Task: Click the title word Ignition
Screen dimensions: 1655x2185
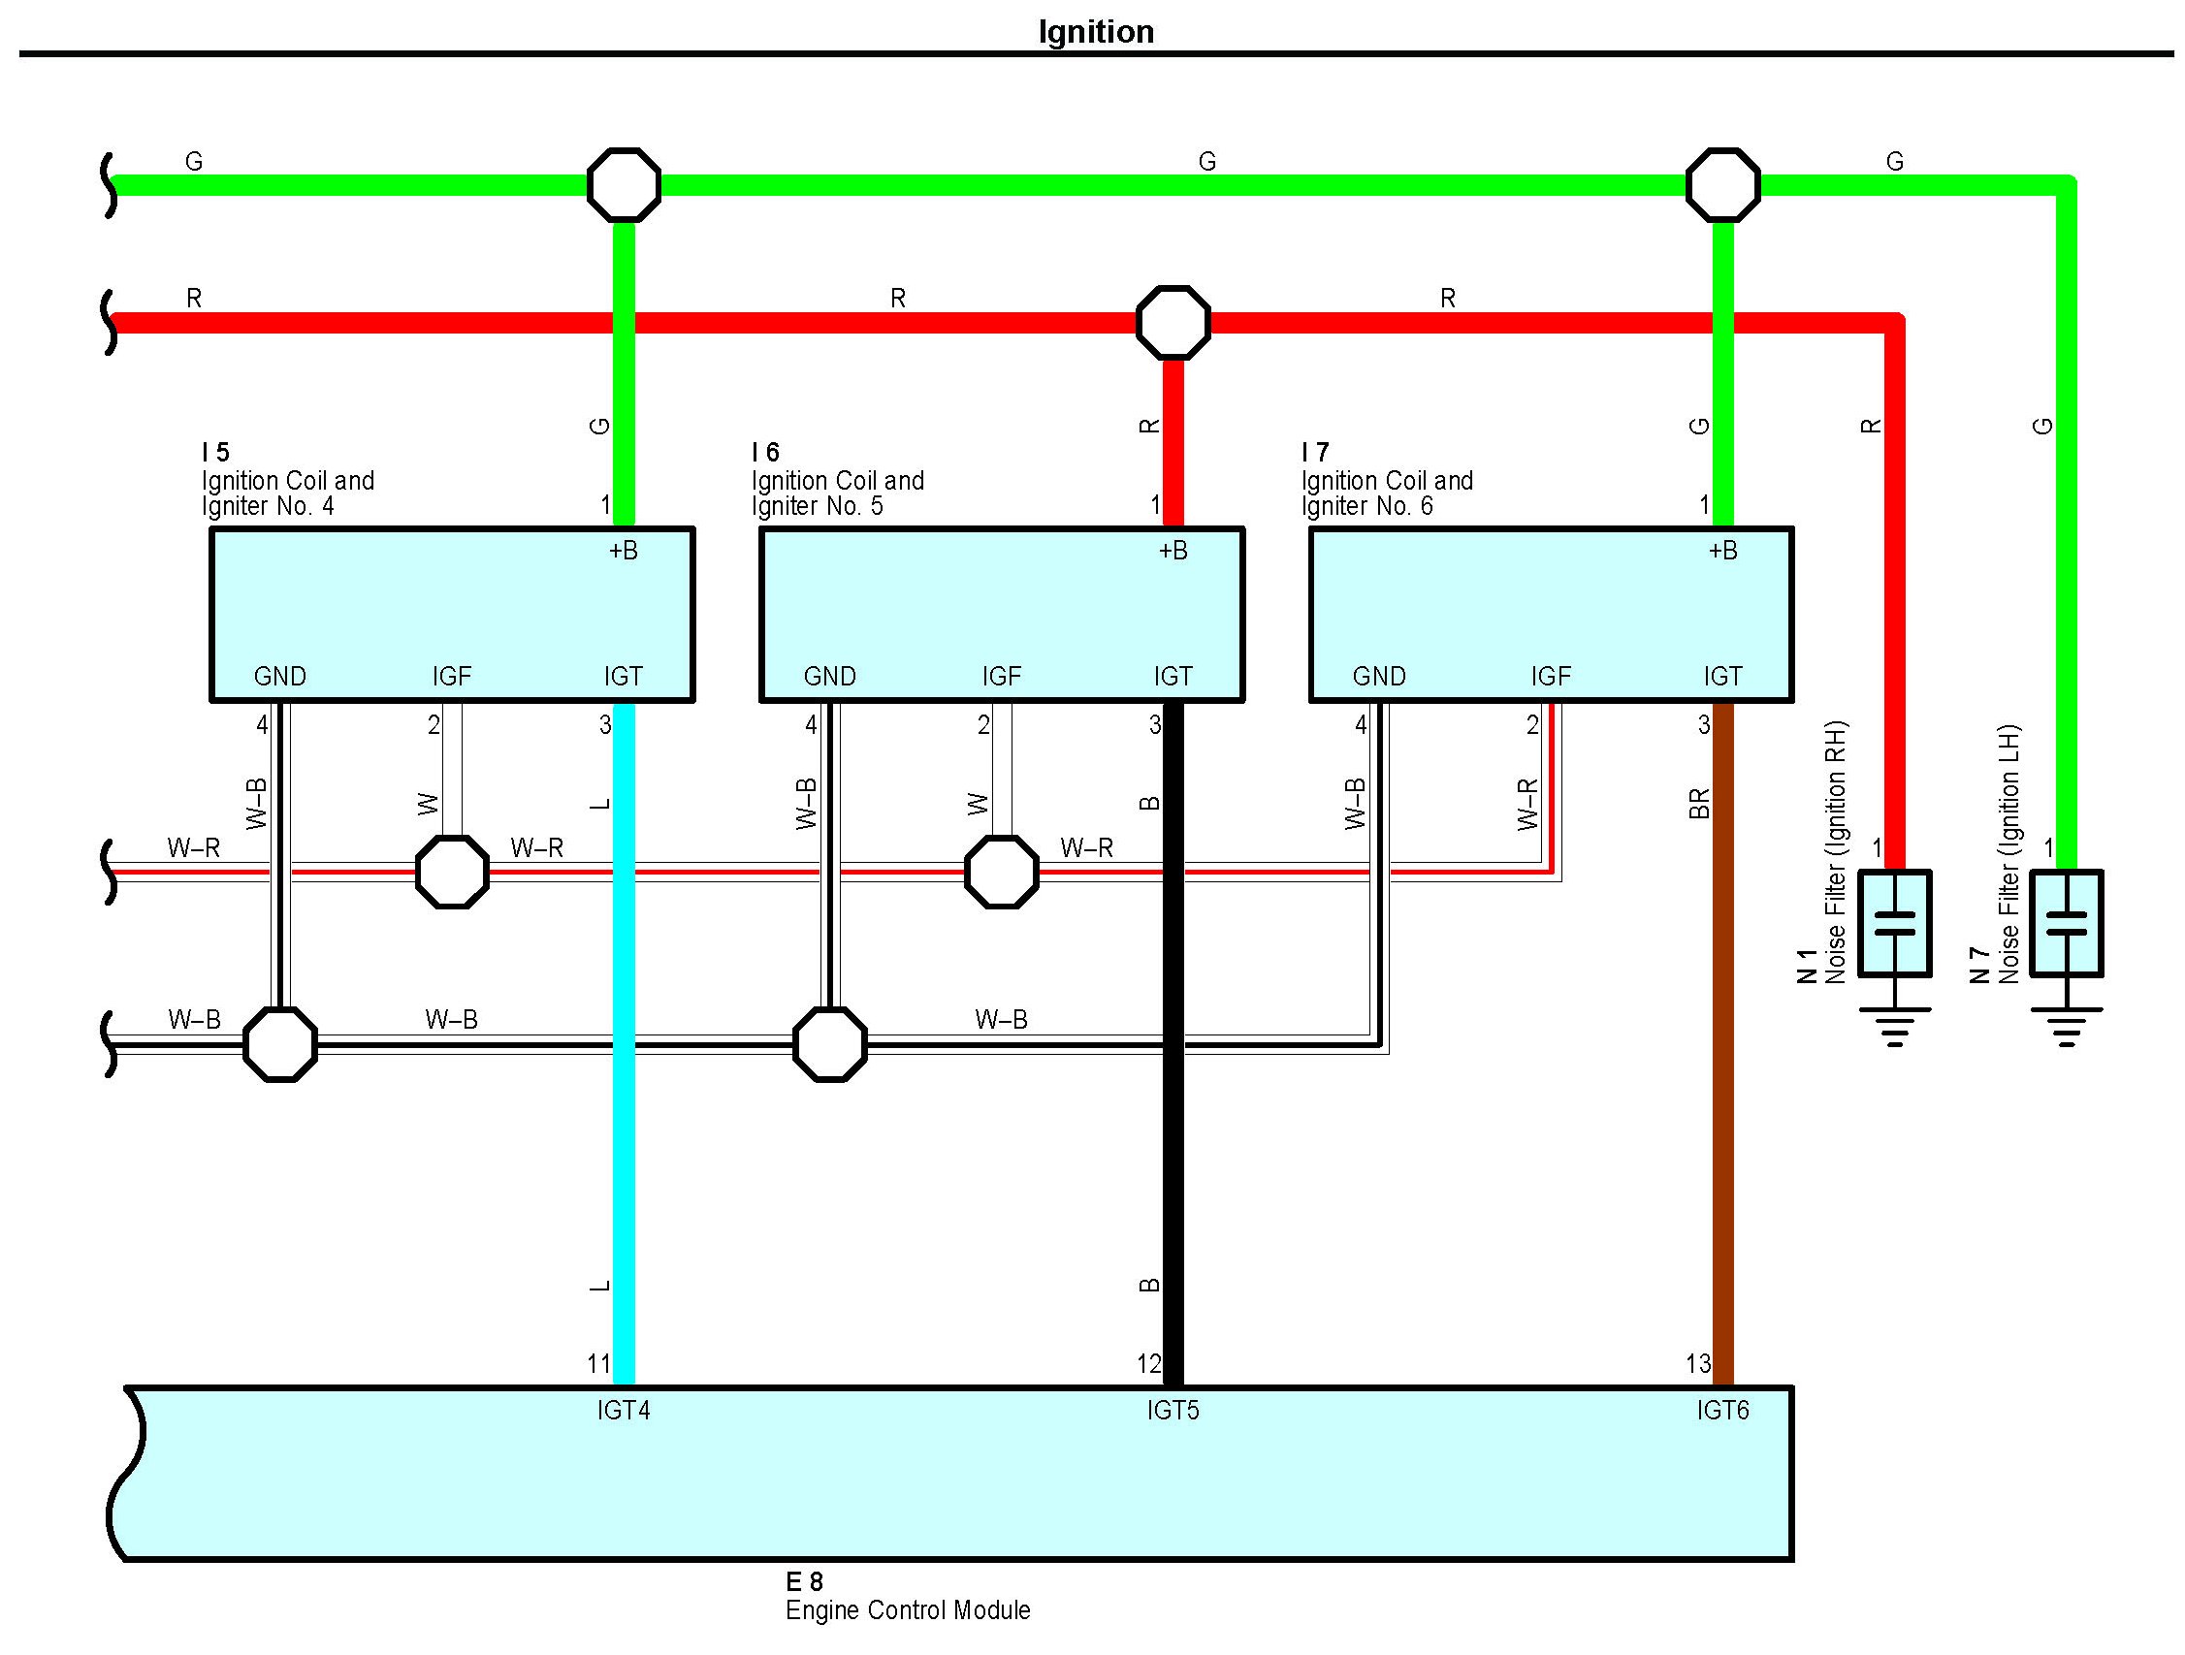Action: (x=1096, y=32)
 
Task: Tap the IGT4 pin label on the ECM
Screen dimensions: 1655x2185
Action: (x=624, y=1410)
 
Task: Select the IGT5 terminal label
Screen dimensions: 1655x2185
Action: (x=1173, y=1410)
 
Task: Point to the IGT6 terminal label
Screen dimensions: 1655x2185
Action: (x=1722, y=1410)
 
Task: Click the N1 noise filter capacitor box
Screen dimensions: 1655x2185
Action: (x=1895, y=923)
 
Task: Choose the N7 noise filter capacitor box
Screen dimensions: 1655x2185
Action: (x=2067, y=923)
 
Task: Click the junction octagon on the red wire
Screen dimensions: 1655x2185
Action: (x=1173, y=323)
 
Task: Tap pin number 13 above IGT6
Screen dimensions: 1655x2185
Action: (x=1698, y=1364)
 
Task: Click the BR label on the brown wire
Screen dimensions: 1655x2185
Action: (x=1699, y=804)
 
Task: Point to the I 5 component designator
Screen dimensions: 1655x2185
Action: (x=215, y=452)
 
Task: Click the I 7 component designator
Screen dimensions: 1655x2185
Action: (x=1315, y=452)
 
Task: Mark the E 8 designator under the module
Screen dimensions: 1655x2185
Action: (x=804, y=1582)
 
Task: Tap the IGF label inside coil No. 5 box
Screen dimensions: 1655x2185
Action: (x=1001, y=677)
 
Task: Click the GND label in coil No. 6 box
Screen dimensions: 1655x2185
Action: (x=1379, y=677)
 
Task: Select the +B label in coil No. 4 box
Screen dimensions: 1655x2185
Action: (x=624, y=551)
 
